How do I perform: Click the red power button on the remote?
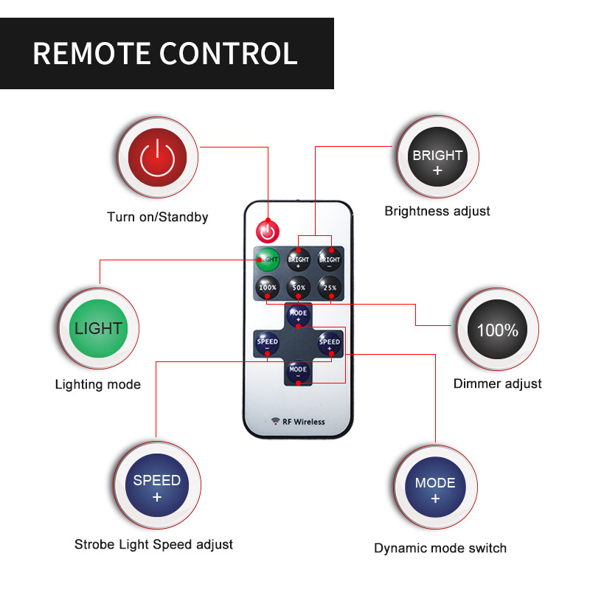268,231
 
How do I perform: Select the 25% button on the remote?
330,287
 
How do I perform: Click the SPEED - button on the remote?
267,343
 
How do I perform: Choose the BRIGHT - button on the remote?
330,260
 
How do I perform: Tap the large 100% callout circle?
497,330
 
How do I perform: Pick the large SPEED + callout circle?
156,487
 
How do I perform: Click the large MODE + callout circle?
435,489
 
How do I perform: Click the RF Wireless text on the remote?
299,422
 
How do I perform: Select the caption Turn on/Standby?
158,217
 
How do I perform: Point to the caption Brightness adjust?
437,211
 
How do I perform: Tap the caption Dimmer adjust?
497,383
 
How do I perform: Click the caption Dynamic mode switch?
440,548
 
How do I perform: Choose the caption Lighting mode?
97,384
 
